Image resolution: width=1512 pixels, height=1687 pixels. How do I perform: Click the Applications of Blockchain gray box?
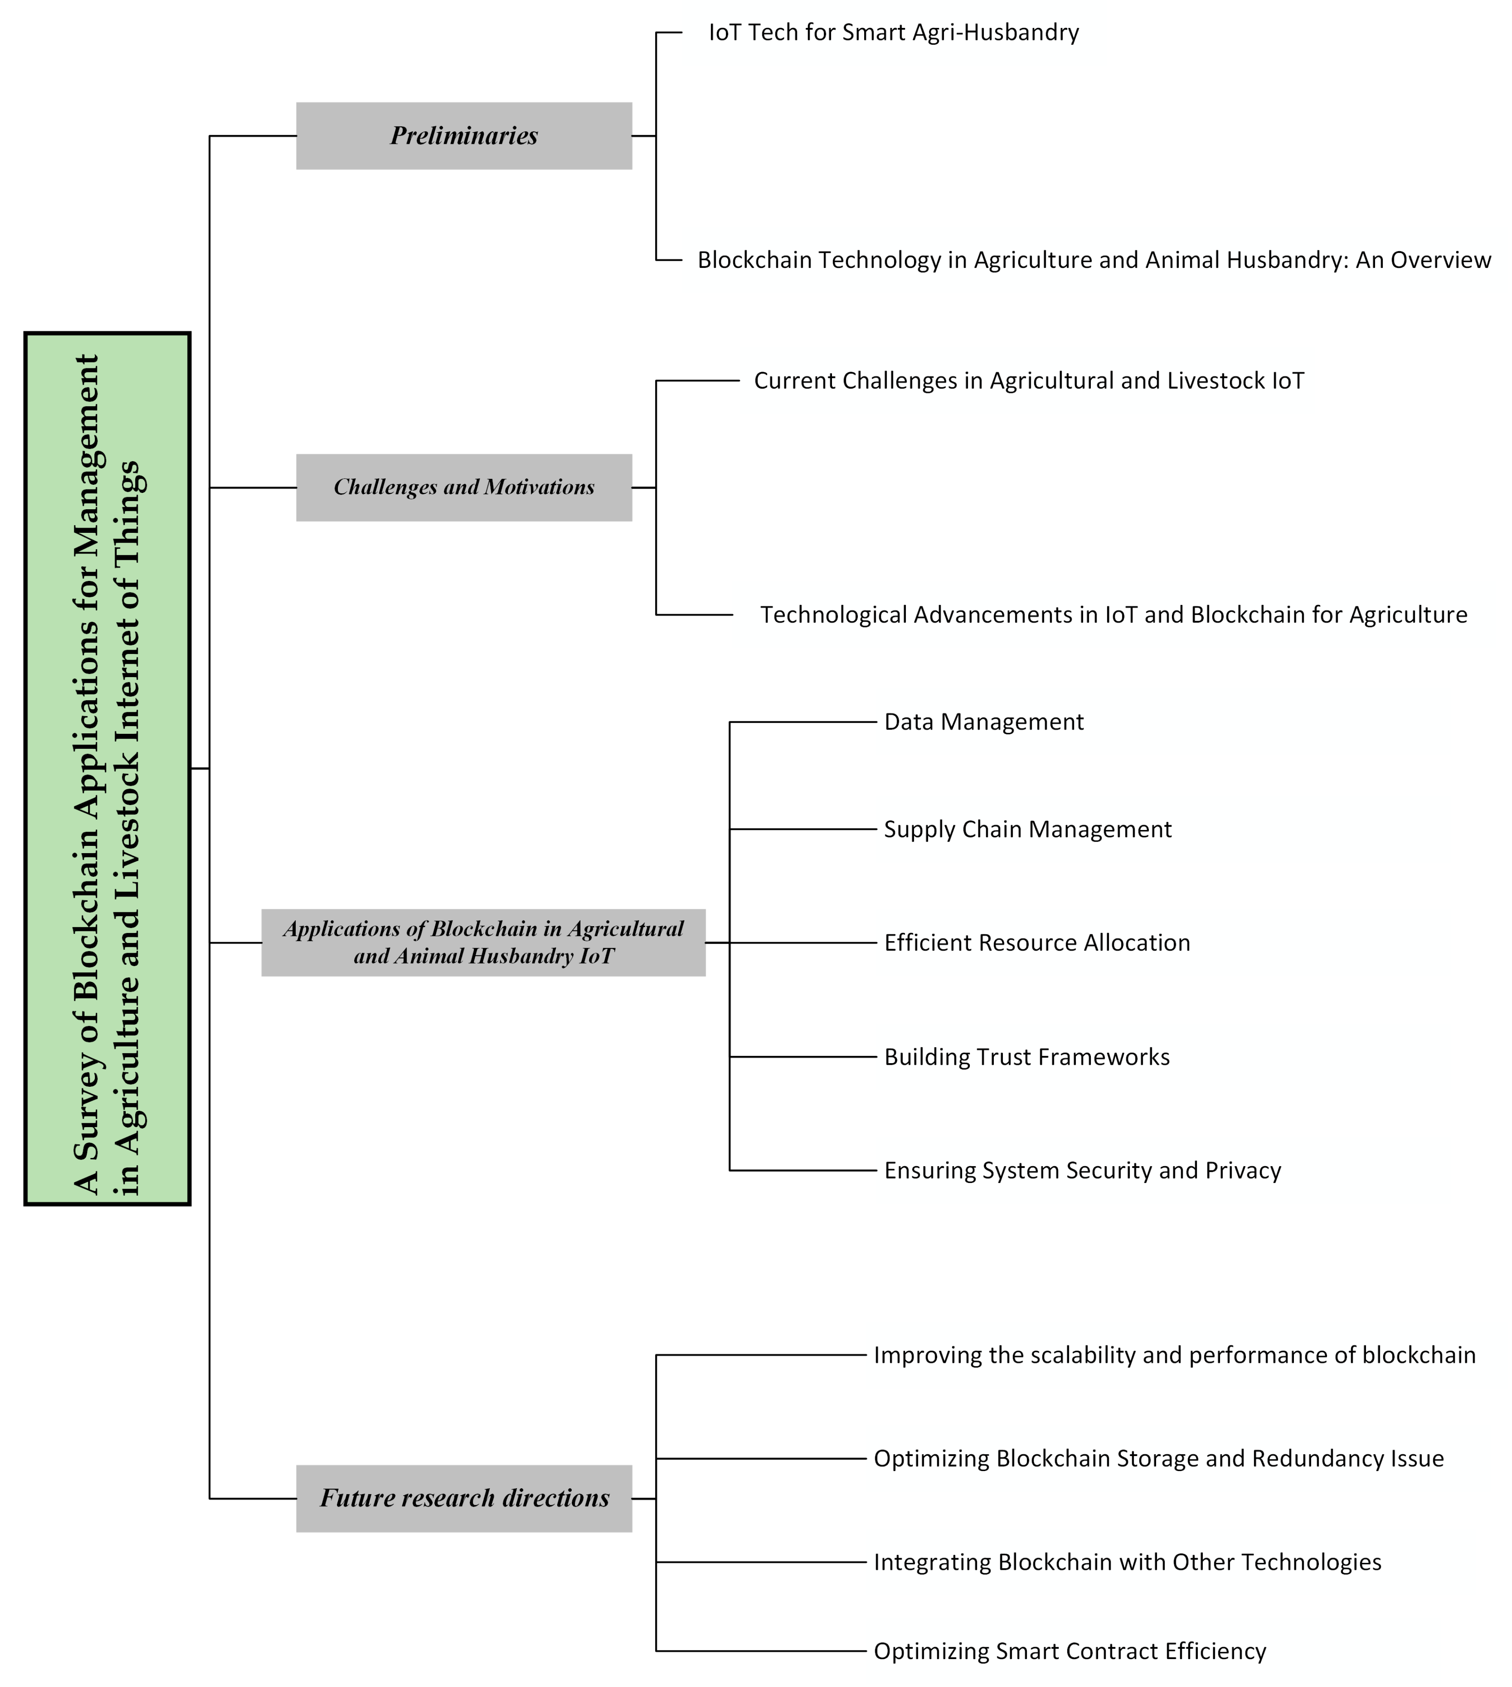[x=483, y=942]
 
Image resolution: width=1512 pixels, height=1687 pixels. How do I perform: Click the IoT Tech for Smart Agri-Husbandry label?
[x=894, y=32]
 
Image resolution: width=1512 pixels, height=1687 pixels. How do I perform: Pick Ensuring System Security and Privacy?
[x=1083, y=1171]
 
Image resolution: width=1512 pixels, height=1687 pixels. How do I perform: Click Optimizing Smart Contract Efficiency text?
[x=1070, y=1651]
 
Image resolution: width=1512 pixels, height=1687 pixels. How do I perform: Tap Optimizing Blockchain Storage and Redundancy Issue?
[x=1159, y=1459]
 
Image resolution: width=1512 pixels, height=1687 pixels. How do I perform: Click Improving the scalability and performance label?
[x=1175, y=1356]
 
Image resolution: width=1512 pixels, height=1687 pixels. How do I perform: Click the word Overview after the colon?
[x=1442, y=260]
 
